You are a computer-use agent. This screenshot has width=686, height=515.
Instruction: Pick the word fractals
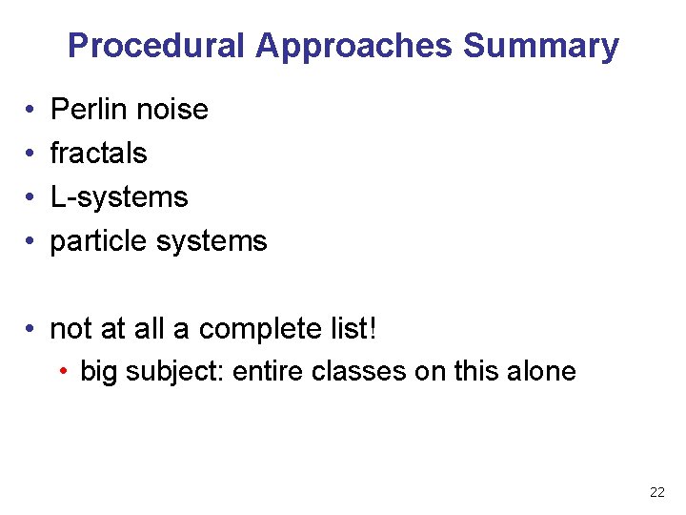pyautogui.click(x=98, y=154)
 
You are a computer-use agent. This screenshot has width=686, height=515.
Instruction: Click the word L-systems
pyautogui.click(x=119, y=197)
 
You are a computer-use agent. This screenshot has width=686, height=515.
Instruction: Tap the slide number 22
pyautogui.click(x=657, y=492)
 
